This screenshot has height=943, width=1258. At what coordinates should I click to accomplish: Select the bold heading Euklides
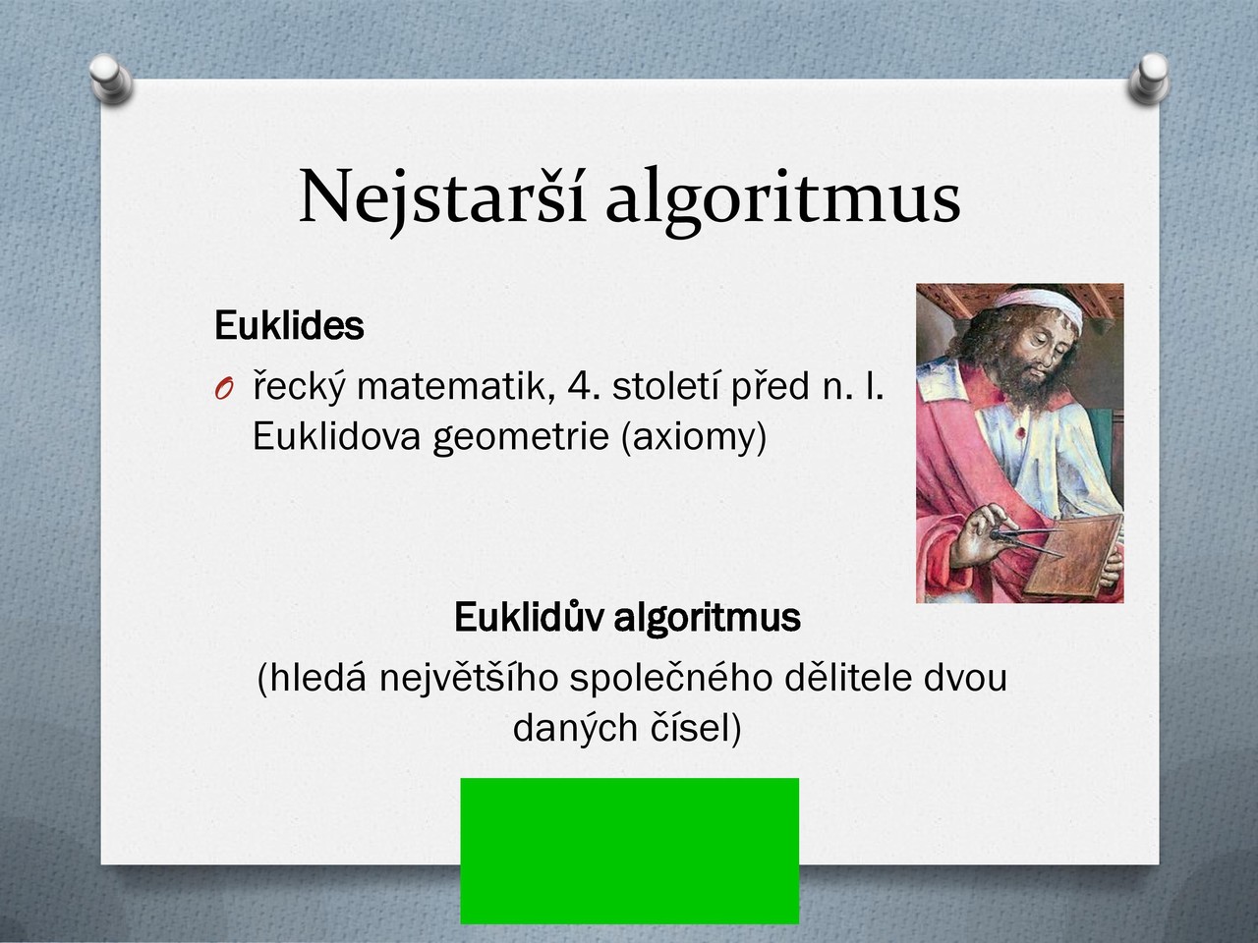(289, 325)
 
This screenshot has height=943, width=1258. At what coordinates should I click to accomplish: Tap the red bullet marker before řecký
(224, 389)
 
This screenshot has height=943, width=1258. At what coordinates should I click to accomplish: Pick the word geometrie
(520, 437)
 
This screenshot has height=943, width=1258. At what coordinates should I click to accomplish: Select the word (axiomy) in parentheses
(694, 437)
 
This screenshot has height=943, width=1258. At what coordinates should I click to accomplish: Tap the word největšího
(469, 679)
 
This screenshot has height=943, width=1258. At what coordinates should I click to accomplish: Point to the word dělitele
(847, 678)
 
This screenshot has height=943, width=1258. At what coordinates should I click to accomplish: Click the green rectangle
(630, 851)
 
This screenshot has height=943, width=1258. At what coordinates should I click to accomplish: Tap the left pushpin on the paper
(111, 79)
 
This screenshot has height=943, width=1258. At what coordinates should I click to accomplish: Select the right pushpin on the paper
(1149, 79)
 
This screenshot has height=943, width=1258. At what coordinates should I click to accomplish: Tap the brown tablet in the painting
(1071, 555)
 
